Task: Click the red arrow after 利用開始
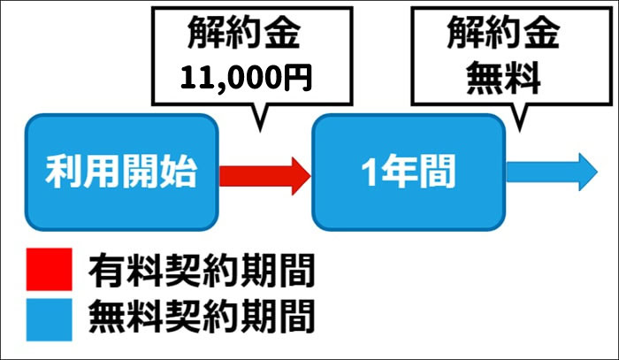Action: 264,172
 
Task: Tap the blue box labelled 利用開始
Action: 121,172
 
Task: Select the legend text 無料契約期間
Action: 202,316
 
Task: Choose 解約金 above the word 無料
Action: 503,35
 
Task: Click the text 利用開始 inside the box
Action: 121,172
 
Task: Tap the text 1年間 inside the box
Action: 408,172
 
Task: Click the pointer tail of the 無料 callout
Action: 516,126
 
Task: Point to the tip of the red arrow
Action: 309,172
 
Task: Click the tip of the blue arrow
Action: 600,171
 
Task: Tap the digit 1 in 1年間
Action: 372,172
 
